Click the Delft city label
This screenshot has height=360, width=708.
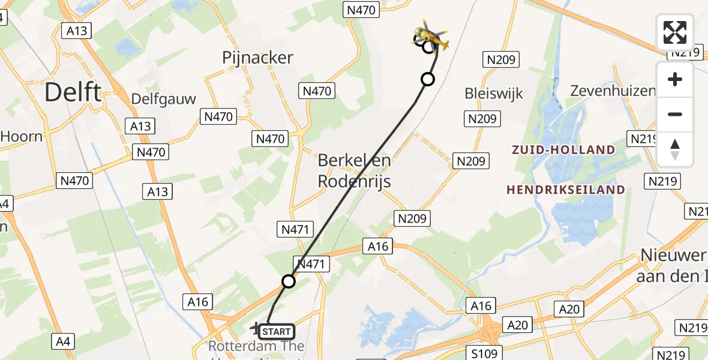pos(73,93)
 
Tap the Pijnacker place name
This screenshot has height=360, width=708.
pos(257,58)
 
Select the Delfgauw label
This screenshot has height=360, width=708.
pos(164,99)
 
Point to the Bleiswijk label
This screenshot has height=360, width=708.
pos(494,94)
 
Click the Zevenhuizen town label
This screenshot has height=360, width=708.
pos(612,91)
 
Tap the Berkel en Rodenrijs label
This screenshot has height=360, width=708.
pos(354,170)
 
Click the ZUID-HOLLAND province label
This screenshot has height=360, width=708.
pos(563,150)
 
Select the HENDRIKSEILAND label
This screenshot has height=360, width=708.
pos(566,190)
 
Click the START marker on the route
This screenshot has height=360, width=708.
pos(277,331)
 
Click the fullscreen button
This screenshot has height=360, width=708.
pos(675,32)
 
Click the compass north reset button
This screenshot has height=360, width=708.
pos(675,149)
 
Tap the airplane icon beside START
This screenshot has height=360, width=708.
pos(256,329)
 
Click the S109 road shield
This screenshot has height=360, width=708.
pos(484,353)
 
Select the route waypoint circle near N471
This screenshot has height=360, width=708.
pos(289,281)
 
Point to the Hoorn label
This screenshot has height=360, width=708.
pos(21,136)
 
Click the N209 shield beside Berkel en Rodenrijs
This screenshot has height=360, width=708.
pos(472,161)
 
